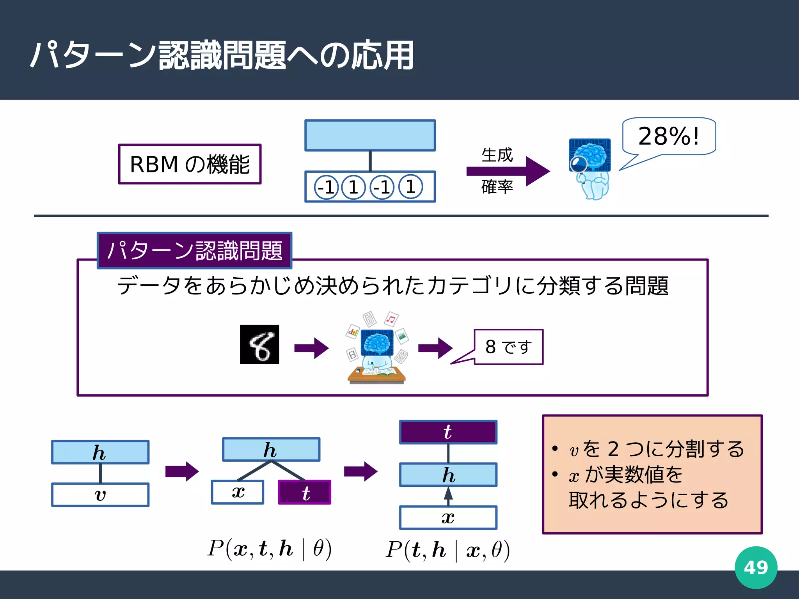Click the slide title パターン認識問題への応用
pos(222,55)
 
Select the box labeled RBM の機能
pos(190,164)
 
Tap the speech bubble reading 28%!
pos(669,136)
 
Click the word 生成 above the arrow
pos(497,155)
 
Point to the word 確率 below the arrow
pos(497,187)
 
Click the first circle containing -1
pos(326,187)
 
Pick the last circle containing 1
pos(410,187)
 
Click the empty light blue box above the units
pos(370,135)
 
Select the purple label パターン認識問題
pos(194,250)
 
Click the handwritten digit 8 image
pos(259,344)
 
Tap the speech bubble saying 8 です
pos(508,347)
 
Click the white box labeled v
pos(100,495)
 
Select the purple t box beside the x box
pos(305,493)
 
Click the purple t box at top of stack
pos(448,432)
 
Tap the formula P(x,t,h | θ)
pos(270,549)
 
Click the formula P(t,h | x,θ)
pos(447,550)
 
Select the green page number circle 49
pos(756,567)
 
